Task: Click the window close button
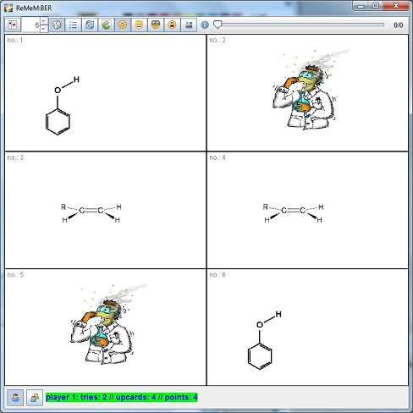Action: coord(396,6)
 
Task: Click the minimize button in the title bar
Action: coord(361,6)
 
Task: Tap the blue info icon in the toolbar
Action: coord(205,25)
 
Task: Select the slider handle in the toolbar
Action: coord(218,25)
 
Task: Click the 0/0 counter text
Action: coord(398,25)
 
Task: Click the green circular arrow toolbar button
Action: coord(106,25)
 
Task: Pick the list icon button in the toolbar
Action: coord(74,25)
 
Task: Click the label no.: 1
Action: coord(15,40)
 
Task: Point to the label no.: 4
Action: coord(218,157)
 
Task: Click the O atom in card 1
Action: coord(58,91)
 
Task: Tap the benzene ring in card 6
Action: coord(260,356)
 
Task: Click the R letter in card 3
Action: coord(63,206)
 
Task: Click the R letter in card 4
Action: coord(266,206)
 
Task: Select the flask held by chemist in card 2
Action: coord(300,103)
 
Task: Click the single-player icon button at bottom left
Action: coord(15,398)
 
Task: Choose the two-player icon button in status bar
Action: coord(35,398)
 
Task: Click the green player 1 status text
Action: coord(122,397)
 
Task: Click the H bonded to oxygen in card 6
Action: coord(278,314)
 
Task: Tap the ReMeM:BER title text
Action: coord(34,8)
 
